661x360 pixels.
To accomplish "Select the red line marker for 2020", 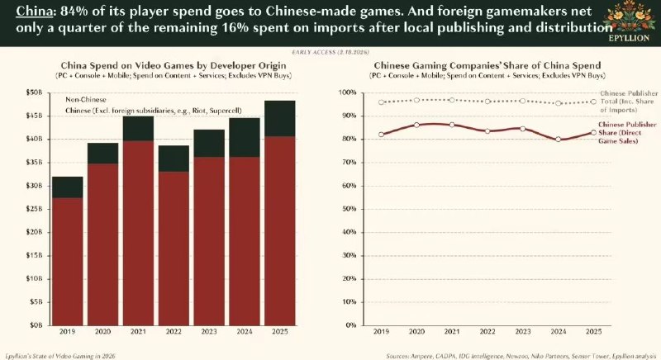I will pos(417,125).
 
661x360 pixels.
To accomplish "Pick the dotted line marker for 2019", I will pos(381,102).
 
